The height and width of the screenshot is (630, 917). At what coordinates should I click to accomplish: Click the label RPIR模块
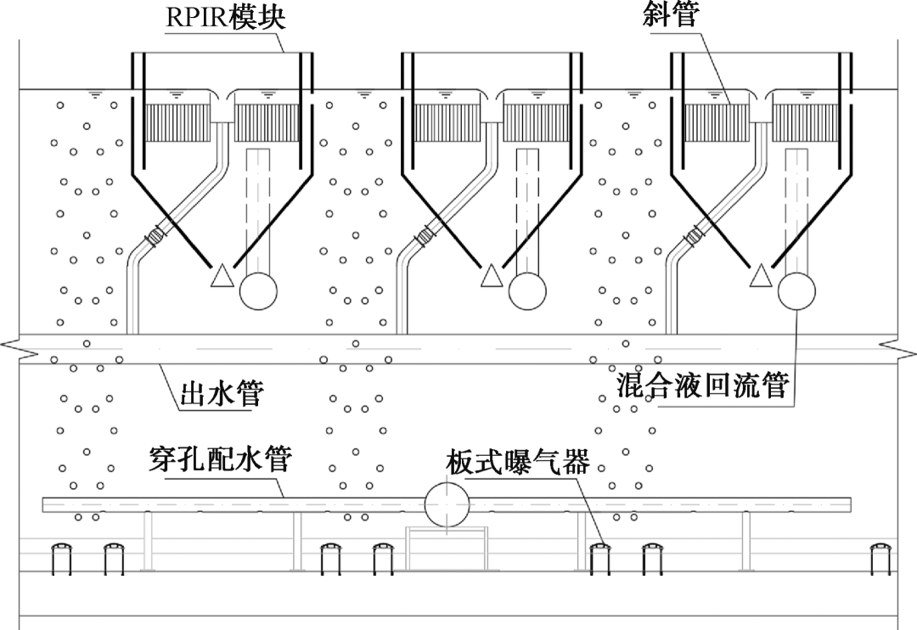[x=225, y=17]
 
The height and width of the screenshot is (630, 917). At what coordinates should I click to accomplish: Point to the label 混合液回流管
[x=703, y=385]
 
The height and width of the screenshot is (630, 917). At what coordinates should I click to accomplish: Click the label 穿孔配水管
[x=218, y=460]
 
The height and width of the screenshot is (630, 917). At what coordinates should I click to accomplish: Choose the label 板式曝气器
[x=518, y=462]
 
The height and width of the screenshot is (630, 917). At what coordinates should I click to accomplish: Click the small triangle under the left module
[x=222, y=276]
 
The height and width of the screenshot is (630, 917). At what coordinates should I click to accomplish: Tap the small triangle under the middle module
[x=492, y=276]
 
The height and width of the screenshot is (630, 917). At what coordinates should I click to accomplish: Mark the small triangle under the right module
[x=761, y=276]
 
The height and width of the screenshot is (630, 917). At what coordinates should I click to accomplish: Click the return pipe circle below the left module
[x=258, y=290]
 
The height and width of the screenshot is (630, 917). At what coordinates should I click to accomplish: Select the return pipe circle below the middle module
[x=527, y=290]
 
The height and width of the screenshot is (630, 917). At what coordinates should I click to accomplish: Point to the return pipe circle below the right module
[x=796, y=290]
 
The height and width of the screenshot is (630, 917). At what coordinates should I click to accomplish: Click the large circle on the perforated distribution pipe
[x=447, y=505]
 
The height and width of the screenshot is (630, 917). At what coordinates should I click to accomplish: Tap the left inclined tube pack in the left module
[x=177, y=123]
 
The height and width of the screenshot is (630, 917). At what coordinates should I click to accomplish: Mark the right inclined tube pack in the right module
[x=806, y=123]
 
